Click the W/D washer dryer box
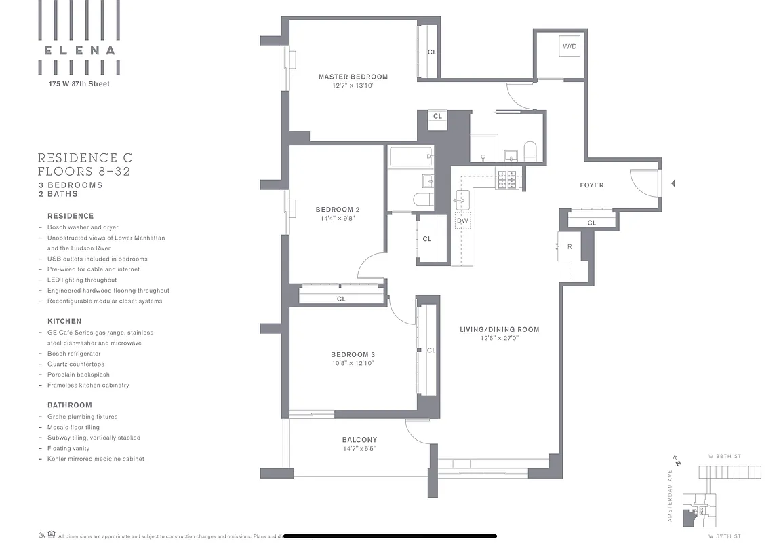click(x=569, y=46)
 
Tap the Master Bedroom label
click(x=353, y=77)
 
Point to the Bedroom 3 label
click(x=353, y=355)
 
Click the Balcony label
click(x=359, y=440)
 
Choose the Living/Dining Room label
click(x=499, y=330)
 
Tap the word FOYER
click(x=591, y=185)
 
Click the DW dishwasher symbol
click(x=462, y=221)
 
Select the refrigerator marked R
click(x=570, y=247)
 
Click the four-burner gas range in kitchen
click(x=506, y=179)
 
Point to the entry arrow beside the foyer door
click(x=673, y=183)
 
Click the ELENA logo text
click(x=79, y=50)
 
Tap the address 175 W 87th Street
click(x=79, y=84)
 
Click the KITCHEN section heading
click(x=64, y=321)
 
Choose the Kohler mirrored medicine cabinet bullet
click(x=96, y=459)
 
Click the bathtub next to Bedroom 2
click(x=410, y=157)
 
